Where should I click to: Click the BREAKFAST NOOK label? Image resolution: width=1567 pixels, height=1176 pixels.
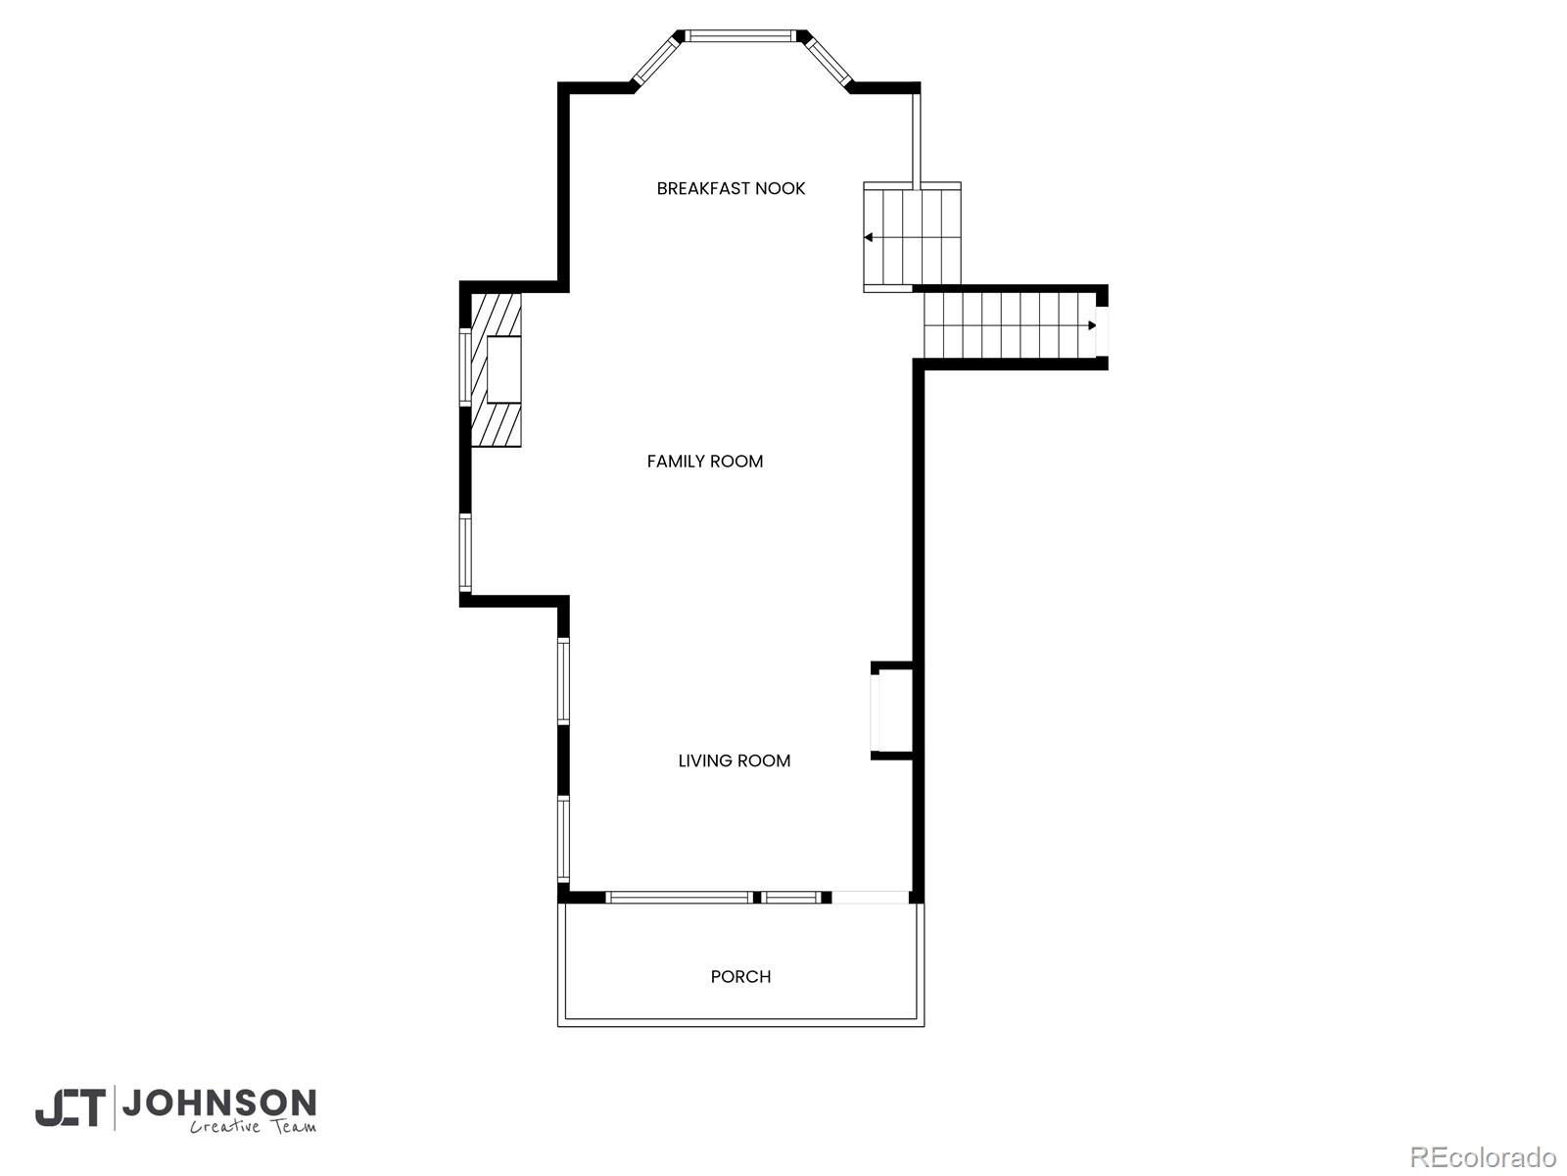click(x=731, y=188)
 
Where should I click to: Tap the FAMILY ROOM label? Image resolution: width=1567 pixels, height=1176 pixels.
click(x=704, y=462)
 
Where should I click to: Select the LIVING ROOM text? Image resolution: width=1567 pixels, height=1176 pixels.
click(x=734, y=760)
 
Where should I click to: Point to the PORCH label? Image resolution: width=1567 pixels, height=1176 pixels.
click(x=740, y=977)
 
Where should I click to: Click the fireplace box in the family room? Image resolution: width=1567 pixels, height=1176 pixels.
click(x=503, y=369)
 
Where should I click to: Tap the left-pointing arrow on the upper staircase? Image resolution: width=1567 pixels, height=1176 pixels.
click(x=869, y=237)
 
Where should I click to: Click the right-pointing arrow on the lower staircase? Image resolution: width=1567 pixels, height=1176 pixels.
click(x=1091, y=325)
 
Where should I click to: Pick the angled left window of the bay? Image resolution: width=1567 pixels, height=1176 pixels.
click(x=656, y=60)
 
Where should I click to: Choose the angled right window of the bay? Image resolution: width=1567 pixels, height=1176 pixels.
click(x=829, y=60)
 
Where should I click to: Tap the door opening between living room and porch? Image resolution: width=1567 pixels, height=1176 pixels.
click(x=870, y=897)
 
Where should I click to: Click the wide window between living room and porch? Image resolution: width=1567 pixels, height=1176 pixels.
click(x=678, y=897)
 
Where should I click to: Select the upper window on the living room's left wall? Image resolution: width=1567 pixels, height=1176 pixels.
click(x=563, y=681)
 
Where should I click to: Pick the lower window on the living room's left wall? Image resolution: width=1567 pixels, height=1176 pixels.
click(x=563, y=838)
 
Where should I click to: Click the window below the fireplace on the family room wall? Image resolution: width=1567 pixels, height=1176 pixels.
click(x=465, y=553)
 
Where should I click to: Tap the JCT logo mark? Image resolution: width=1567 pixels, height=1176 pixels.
click(x=71, y=1108)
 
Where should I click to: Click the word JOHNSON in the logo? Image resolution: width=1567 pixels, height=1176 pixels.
click(x=218, y=1103)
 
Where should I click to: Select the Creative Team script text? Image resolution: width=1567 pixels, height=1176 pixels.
click(x=253, y=1127)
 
